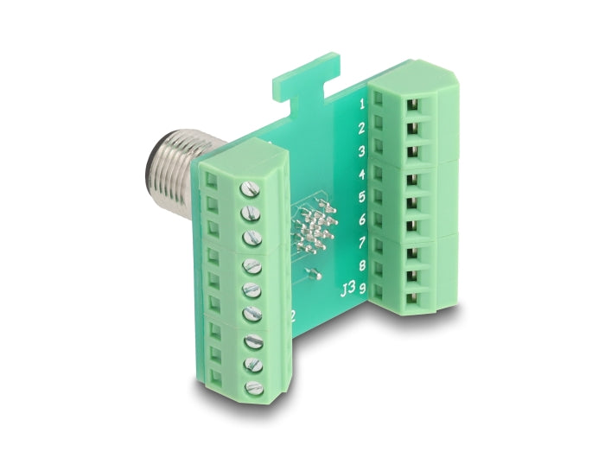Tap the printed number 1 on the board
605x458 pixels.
pos(362,105)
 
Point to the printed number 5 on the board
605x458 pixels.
pos(362,197)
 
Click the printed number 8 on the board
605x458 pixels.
pos(362,265)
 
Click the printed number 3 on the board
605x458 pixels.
pos(362,151)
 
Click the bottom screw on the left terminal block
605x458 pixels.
pos(255,387)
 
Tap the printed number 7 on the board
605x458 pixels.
pos(362,243)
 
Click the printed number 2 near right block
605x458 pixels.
pos(362,129)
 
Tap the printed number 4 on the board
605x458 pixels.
pos(362,175)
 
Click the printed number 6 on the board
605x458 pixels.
pos(362,220)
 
